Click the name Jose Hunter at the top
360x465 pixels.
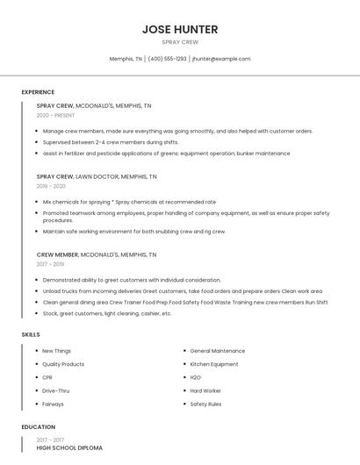[x=180, y=29]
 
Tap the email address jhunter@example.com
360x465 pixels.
[x=221, y=59]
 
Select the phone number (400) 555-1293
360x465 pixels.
[x=167, y=59]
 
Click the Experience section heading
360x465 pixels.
[x=38, y=92]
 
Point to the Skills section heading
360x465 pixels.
[x=31, y=334]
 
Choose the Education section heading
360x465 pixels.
[x=38, y=426]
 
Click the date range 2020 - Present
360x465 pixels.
[x=55, y=115]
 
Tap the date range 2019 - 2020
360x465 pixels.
[x=51, y=186]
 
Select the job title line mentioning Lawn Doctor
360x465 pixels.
[x=97, y=175]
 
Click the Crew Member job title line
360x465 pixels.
[x=97, y=254]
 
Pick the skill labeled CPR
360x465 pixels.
[x=48, y=377]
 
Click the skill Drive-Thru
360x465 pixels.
[x=55, y=390]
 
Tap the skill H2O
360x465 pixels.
[x=195, y=377]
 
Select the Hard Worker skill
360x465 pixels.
[x=205, y=390]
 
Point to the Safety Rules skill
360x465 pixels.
[x=205, y=404]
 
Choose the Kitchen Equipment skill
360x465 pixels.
[x=213, y=364]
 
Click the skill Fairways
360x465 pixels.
[x=53, y=404]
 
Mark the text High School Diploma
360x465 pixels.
[x=69, y=448]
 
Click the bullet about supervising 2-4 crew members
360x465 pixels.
[x=111, y=142]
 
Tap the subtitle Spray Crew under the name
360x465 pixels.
[x=180, y=42]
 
